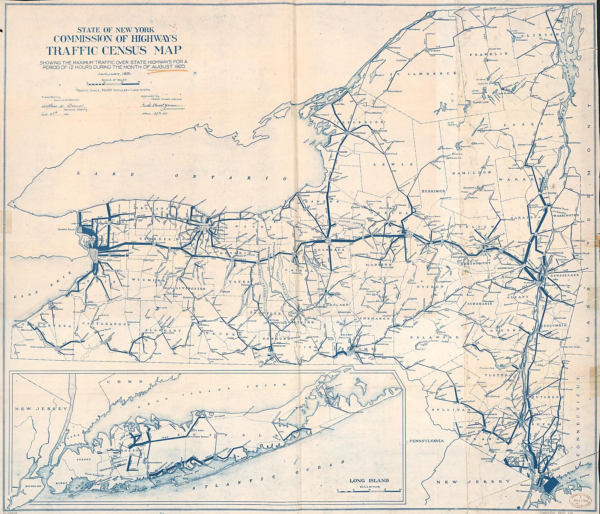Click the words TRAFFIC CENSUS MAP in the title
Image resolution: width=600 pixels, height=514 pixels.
tap(113, 50)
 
